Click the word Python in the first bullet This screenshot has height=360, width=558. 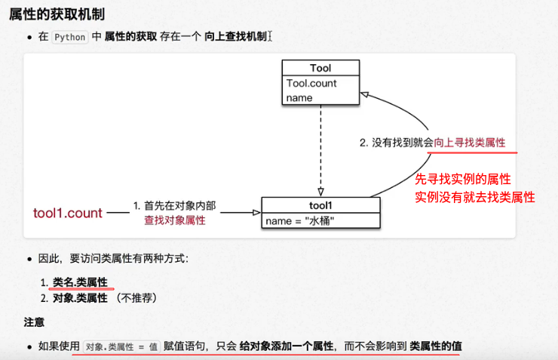[70, 36]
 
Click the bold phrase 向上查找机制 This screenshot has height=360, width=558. [235, 36]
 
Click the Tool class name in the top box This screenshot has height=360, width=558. [320, 69]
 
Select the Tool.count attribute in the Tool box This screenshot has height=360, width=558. [311, 83]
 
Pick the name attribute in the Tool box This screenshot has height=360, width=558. [299, 97]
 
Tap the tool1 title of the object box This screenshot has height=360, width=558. [320, 205]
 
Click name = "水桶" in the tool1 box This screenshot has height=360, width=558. [300, 221]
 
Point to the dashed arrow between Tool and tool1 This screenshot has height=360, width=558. [320, 151]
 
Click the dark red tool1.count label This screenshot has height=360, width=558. [68, 213]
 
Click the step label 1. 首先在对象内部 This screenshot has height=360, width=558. [174, 205]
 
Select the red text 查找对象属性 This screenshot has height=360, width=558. [174, 220]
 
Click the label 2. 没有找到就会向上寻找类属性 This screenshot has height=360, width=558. [431, 143]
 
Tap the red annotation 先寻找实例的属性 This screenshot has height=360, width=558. [464, 179]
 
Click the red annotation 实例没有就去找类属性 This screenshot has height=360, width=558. [475, 197]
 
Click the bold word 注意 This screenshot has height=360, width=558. [34, 322]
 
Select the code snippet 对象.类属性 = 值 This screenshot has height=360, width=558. [121, 346]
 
